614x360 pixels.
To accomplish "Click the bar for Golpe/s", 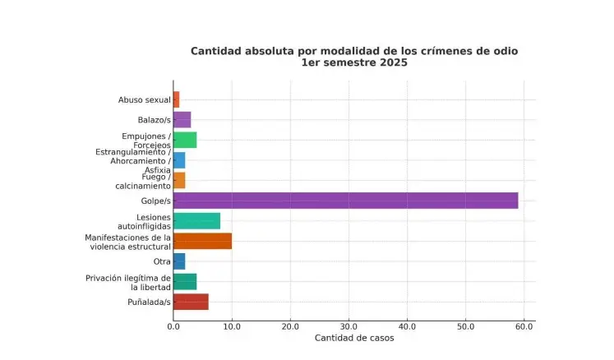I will (345, 201).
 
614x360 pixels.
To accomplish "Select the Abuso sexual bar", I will (177, 99).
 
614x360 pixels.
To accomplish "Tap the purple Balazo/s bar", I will (182, 120).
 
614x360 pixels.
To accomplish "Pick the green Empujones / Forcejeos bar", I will (185, 140).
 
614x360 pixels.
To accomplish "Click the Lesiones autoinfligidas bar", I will (196, 220).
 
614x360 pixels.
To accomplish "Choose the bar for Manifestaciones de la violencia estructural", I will (202, 241).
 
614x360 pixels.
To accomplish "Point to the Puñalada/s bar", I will (191, 302).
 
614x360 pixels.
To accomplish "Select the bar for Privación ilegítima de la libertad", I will (185, 282).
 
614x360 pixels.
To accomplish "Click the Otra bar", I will (179, 261).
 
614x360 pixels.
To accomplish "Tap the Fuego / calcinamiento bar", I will (179, 180).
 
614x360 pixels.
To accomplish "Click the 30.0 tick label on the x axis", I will (349, 327).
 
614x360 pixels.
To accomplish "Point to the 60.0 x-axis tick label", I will (524, 327).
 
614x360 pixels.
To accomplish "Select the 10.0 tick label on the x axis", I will (232, 327).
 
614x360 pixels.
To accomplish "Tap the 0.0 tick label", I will (173, 327).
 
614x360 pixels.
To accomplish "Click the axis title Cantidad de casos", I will (354, 339).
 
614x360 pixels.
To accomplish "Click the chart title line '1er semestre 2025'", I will (354, 63).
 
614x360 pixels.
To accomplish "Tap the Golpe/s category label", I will (155, 201).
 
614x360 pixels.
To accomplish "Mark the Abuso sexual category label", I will (145, 100).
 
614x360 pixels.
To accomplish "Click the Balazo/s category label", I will (154, 120).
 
